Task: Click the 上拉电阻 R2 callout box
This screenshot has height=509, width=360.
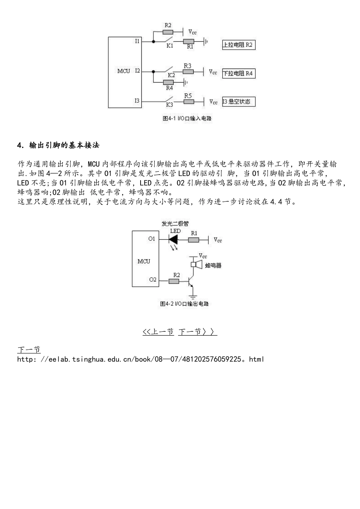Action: [x=239, y=45]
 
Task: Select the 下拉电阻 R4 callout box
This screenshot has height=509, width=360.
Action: [x=239, y=73]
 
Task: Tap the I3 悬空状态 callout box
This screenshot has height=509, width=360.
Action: [x=239, y=101]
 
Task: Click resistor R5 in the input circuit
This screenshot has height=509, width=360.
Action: [x=189, y=101]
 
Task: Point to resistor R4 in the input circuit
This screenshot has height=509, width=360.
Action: [x=168, y=82]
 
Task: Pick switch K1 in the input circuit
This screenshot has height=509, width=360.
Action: [x=169, y=39]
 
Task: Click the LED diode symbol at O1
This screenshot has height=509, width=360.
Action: [x=173, y=239]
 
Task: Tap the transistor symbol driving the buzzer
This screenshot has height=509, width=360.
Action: [x=190, y=281]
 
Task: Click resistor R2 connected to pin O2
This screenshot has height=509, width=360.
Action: [x=174, y=281]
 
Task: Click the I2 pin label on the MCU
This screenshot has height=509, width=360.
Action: [x=137, y=71]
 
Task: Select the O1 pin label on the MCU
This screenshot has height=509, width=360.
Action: [x=152, y=239]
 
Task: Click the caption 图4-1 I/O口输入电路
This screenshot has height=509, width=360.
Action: [x=187, y=119]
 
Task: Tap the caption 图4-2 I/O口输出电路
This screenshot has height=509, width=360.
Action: [x=185, y=304]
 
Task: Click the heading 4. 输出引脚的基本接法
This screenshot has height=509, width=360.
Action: [x=58, y=145]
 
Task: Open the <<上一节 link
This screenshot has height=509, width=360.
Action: [x=158, y=332]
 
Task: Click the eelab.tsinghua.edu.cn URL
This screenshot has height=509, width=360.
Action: [x=141, y=359]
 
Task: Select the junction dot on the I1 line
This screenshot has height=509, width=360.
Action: [x=153, y=42]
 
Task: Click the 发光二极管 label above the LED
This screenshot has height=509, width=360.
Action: [x=175, y=224]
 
